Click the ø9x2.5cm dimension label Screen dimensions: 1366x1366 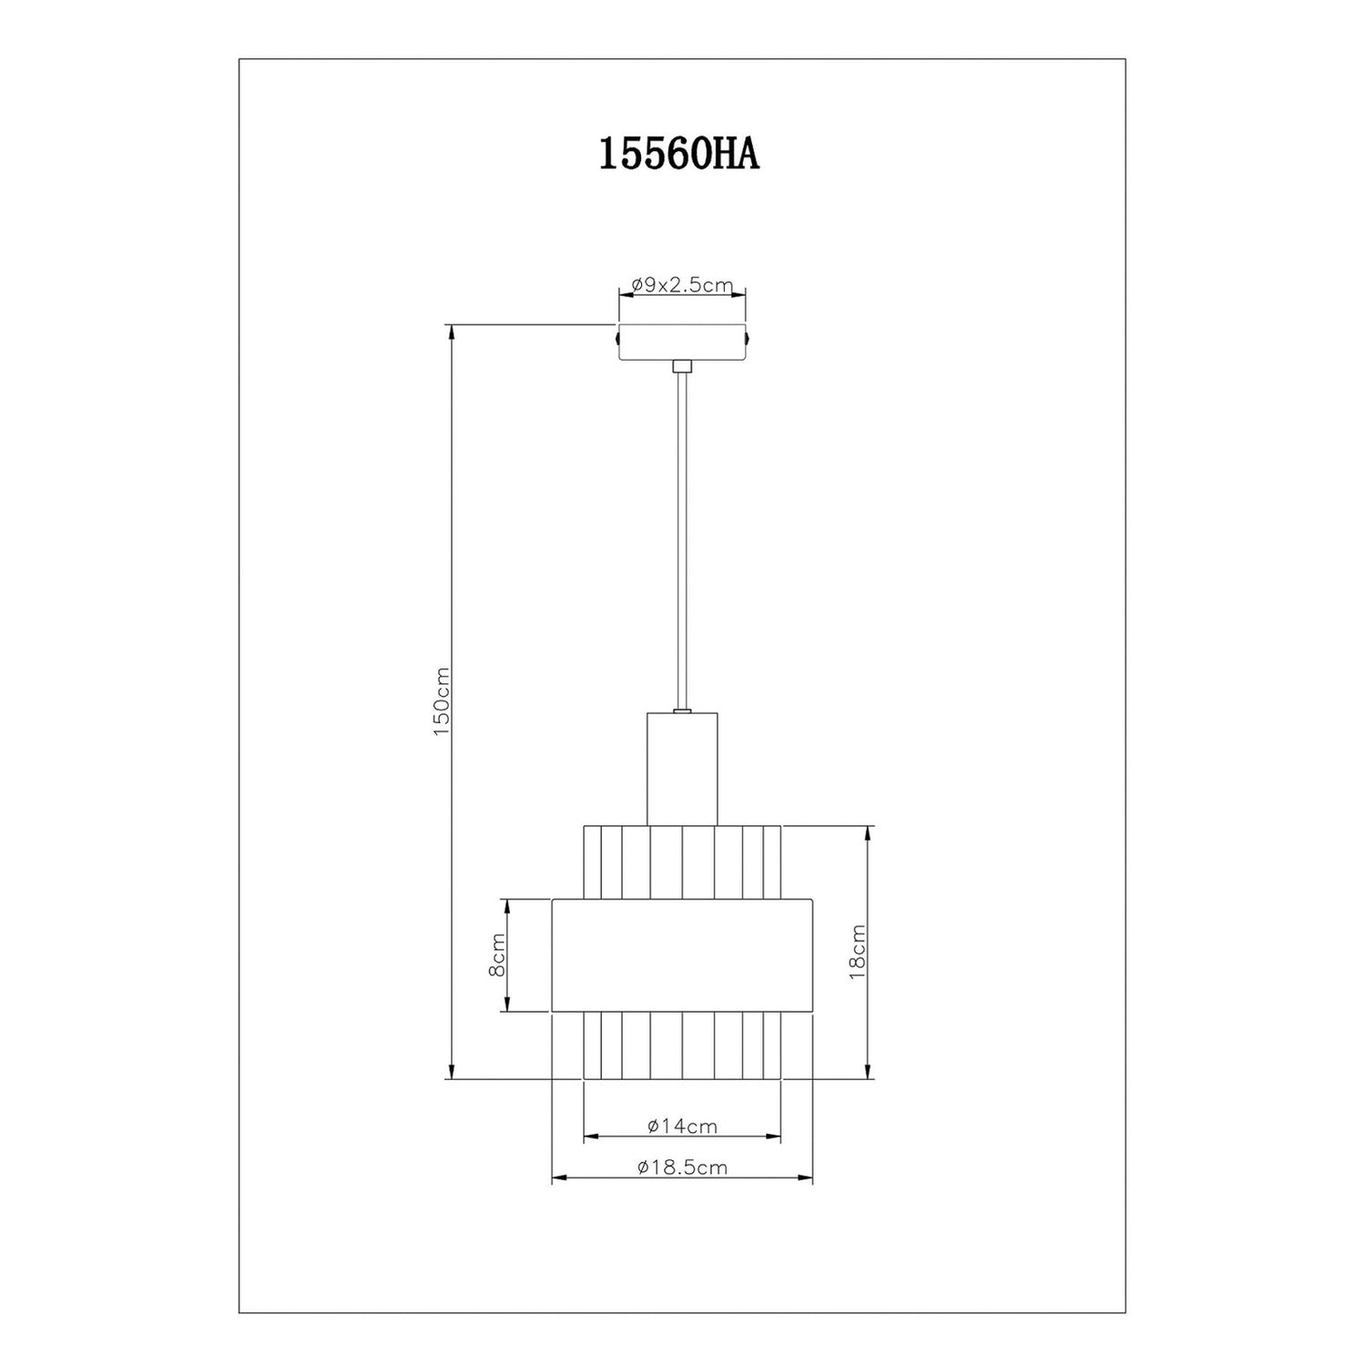pyautogui.click(x=682, y=284)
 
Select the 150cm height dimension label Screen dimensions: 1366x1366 pyautogui.click(x=442, y=701)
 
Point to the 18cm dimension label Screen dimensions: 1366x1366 pyautogui.click(x=856, y=952)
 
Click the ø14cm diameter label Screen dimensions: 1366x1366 pyautogui.click(x=682, y=1126)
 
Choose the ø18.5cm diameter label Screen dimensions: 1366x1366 pyautogui.click(x=682, y=1167)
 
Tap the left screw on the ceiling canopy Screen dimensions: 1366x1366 pyautogui.click(x=617, y=338)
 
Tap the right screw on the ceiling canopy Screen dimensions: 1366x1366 pyautogui.click(x=748, y=338)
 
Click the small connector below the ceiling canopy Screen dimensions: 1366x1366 pyautogui.click(x=682, y=366)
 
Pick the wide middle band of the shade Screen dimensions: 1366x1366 pyautogui.click(x=682, y=955)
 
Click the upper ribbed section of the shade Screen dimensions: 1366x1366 pyautogui.click(x=682, y=861)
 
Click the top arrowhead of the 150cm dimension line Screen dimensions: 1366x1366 pyautogui.click(x=451, y=331)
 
